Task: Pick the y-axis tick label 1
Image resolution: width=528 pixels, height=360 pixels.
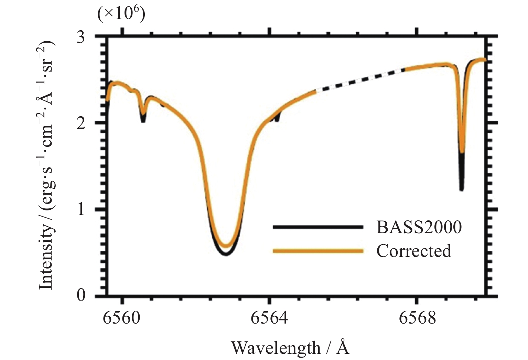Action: click(x=82, y=209)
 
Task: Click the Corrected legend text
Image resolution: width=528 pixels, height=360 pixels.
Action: click(x=413, y=251)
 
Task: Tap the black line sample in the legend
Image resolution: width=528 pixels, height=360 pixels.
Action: click(x=318, y=227)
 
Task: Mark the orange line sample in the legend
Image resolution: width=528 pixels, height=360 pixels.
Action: click(x=318, y=251)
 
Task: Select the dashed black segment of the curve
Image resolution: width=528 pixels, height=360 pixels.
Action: click(x=359, y=80)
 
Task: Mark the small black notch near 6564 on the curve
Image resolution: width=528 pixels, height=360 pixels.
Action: click(x=277, y=119)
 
